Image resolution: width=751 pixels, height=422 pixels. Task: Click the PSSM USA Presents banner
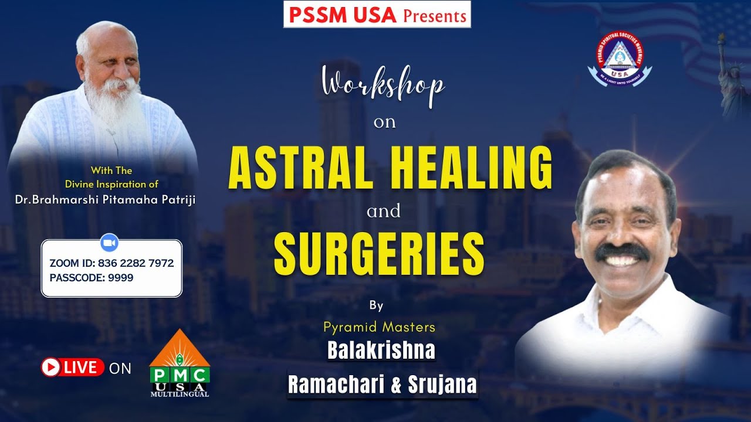[377, 15]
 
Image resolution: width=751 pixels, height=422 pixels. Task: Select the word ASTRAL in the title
[301, 168]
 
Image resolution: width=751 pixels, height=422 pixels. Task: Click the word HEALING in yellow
[470, 168]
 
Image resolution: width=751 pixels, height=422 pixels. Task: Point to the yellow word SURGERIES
[379, 254]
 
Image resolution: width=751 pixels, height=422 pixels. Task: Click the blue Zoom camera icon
[110, 242]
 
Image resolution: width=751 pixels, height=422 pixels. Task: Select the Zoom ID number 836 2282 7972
[136, 264]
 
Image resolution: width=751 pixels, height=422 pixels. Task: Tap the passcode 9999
[120, 278]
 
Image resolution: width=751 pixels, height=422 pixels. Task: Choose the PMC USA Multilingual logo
[180, 364]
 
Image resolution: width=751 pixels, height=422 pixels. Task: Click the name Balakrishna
[381, 350]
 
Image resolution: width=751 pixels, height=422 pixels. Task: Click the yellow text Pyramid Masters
[379, 326]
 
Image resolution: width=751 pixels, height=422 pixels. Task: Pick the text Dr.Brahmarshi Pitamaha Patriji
[105, 200]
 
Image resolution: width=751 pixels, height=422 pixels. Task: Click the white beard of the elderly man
[111, 105]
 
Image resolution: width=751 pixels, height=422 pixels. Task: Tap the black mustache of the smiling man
[622, 252]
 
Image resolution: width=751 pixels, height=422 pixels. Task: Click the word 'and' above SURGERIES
[384, 212]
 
